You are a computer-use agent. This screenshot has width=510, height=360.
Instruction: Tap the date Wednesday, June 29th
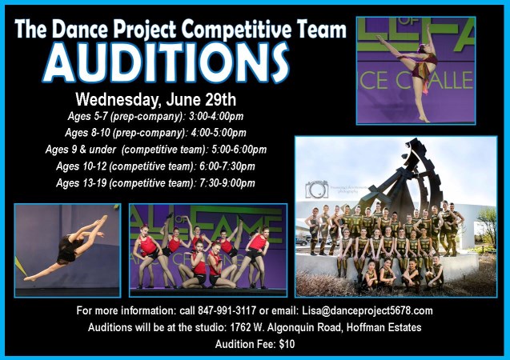[x=155, y=101]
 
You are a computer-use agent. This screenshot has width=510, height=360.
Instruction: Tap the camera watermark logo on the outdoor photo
[x=316, y=190]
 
